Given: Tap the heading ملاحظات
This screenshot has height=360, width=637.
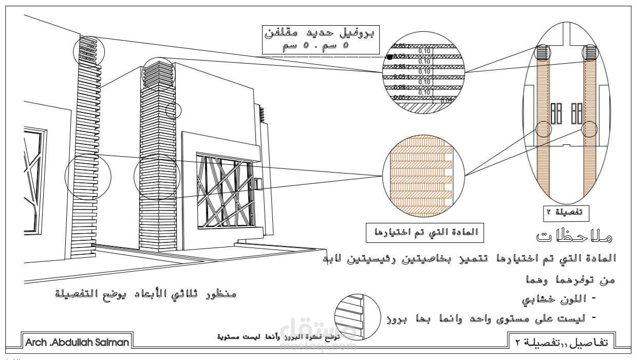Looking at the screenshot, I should pyautogui.click(x=576, y=237).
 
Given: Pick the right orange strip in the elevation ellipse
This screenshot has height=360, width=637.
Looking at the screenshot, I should pyautogui.click(x=589, y=128).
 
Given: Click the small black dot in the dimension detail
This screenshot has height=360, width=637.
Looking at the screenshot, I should pyautogui.click(x=390, y=57).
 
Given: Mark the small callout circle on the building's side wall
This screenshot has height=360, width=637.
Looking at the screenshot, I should pyautogui.click(x=173, y=110).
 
